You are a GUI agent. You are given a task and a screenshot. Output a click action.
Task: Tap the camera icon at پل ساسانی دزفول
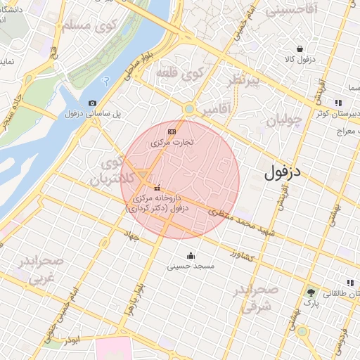click(93, 103)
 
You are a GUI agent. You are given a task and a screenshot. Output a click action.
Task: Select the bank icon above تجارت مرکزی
click(172, 131)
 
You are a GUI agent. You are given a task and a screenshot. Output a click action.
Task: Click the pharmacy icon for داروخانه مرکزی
click(156, 188)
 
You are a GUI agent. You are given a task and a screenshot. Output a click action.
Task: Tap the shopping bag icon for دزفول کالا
click(300, 49)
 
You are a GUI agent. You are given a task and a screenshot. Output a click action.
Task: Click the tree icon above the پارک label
click(311, 292)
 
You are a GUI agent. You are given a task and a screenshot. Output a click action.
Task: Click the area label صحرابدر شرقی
click(256, 298)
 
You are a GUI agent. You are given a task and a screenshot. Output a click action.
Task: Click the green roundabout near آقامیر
click(188, 109)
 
